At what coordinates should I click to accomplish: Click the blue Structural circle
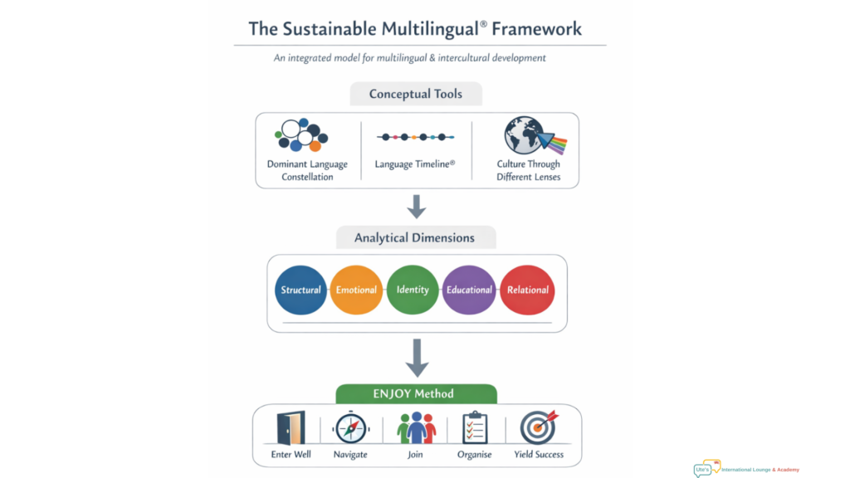pos(300,290)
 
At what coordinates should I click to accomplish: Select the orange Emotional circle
pos(356,290)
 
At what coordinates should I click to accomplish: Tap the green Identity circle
pos(413,290)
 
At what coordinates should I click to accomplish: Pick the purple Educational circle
pos(469,290)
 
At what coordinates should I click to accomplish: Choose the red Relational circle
pos(528,290)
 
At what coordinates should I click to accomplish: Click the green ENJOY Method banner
pos(416,393)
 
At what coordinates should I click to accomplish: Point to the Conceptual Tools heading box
pos(416,94)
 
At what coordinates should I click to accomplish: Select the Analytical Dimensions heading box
pos(415,237)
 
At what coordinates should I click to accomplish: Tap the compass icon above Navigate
pos(351,428)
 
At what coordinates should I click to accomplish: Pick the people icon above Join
pos(416,428)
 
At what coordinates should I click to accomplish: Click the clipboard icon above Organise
pos(475,428)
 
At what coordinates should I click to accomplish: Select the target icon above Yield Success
pos(538,427)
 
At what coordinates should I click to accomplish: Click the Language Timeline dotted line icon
pos(415,137)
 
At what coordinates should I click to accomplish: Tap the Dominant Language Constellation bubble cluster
pos(303,135)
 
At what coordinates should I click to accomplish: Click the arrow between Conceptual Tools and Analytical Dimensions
pos(416,205)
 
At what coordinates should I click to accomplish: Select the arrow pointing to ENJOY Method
pos(416,358)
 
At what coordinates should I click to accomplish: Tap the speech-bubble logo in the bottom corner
pos(707,468)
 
